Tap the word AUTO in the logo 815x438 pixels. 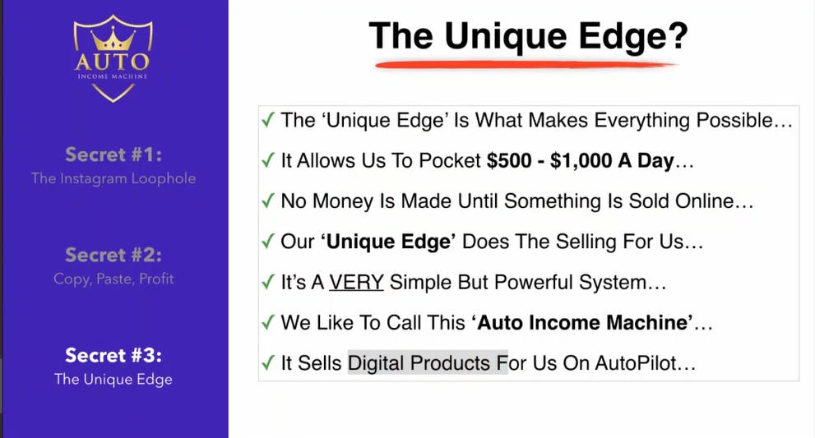point(113,62)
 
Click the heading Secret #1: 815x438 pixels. point(113,154)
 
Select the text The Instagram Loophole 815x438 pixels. point(113,178)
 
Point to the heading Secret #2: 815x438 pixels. point(113,255)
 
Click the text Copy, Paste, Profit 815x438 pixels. point(113,279)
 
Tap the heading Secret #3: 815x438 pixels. point(113,355)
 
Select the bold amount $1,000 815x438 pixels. point(581,160)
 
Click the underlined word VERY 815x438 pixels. point(356,282)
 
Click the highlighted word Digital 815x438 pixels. point(375,363)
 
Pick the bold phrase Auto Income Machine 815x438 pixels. point(585,323)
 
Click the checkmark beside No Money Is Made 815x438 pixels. point(267,201)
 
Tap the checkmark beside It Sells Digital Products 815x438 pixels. point(267,362)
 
